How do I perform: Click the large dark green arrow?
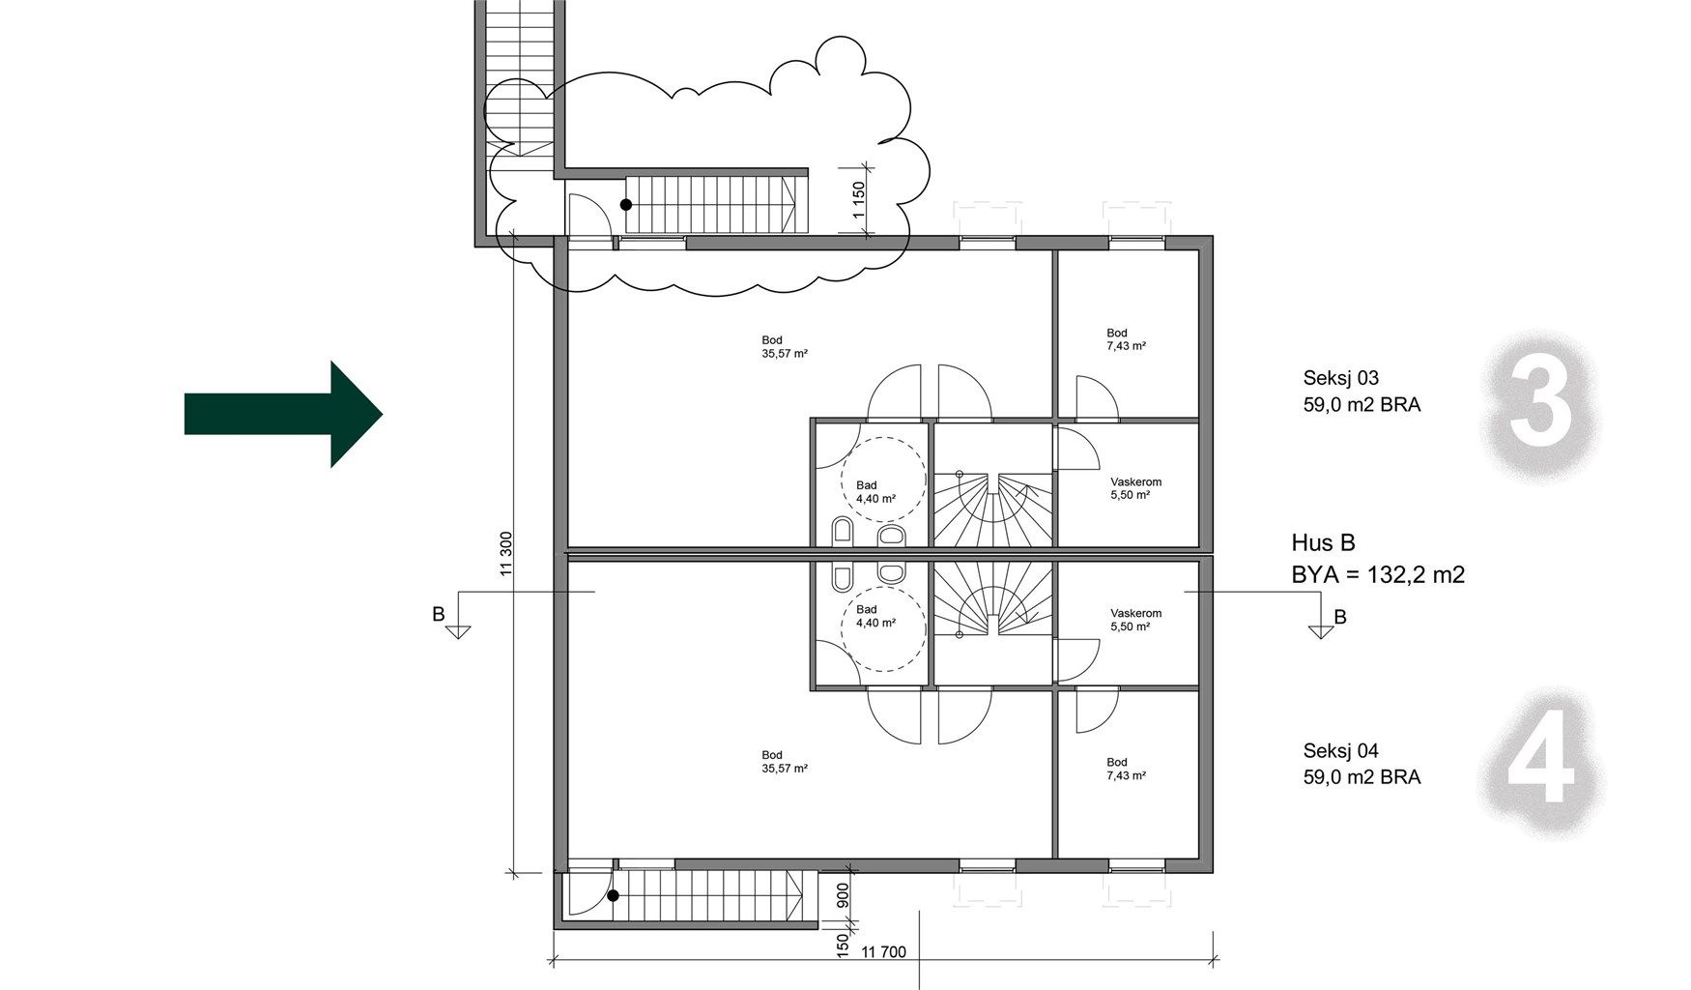click(284, 414)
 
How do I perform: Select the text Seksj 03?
click(1341, 378)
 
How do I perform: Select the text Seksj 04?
click(1341, 750)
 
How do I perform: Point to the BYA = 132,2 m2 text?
click(1378, 575)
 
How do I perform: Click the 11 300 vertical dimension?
click(506, 555)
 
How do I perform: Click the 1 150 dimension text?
click(859, 201)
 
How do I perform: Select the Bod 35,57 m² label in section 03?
click(785, 346)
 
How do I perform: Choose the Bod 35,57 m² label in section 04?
click(785, 762)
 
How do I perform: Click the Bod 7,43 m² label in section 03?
click(1127, 339)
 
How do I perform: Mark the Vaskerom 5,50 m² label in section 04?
click(1135, 620)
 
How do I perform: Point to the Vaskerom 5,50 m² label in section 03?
click(1135, 488)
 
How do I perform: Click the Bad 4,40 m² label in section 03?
click(875, 492)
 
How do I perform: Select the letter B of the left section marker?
click(439, 614)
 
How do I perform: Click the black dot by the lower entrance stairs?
click(614, 896)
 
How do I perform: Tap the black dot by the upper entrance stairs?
click(626, 205)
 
